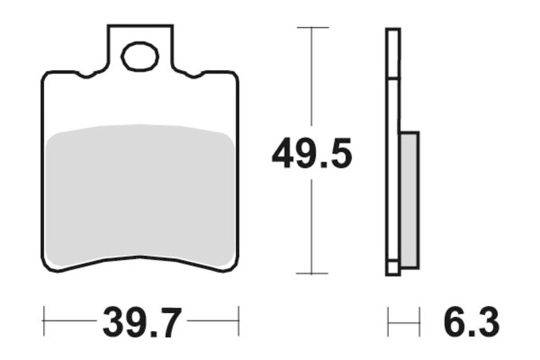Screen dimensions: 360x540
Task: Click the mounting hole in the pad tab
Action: click(140, 56)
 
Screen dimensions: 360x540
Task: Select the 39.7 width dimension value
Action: click(142, 323)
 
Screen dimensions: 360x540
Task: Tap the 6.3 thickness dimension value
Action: click(471, 323)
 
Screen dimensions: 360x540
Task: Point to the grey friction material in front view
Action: click(140, 192)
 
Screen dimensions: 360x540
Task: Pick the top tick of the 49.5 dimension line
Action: click(312, 28)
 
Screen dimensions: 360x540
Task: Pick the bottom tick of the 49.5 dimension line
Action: click(312, 274)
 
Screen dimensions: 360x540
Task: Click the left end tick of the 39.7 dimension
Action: click(44, 315)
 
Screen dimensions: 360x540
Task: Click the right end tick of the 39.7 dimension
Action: click(239, 315)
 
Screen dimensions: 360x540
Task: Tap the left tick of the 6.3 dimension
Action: click(388, 322)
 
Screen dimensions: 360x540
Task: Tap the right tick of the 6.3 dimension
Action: click(419, 322)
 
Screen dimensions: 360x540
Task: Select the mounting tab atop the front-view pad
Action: click(140, 47)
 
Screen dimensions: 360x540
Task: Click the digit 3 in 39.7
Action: click(115, 323)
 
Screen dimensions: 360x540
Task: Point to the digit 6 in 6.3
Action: click(454, 323)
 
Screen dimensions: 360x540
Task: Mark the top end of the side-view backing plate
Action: click(393, 31)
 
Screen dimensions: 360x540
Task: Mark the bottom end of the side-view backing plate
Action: click(393, 272)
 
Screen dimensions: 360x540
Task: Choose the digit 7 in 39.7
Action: click(169, 323)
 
